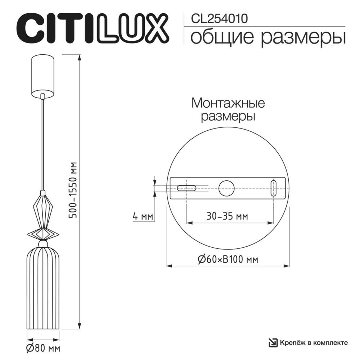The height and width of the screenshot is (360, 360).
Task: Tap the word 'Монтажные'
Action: point(228,104)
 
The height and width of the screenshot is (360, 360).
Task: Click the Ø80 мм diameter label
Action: point(43,348)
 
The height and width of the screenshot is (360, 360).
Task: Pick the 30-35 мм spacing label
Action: point(227,217)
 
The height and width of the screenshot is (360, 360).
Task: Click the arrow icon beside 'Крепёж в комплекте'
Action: point(273,342)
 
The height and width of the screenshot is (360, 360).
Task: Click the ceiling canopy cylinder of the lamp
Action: point(43,76)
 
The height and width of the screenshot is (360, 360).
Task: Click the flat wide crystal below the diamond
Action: point(43,234)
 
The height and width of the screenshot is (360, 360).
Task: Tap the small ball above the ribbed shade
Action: point(43,244)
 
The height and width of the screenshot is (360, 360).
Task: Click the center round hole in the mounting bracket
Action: point(226,188)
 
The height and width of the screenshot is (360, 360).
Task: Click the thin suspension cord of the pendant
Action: point(43,144)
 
